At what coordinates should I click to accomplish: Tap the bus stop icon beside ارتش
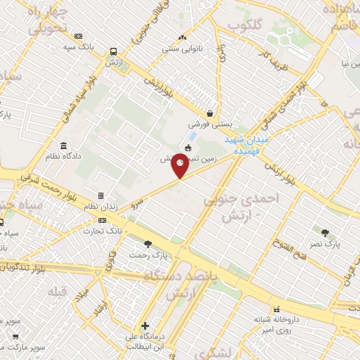(x=113, y=51)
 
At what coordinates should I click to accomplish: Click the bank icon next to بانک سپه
(x=77, y=36)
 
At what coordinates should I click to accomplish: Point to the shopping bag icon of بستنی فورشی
(x=210, y=113)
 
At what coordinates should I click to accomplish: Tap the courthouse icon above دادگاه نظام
(x=63, y=146)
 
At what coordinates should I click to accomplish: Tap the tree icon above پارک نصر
(x=325, y=233)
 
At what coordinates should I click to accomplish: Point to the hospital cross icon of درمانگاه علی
(x=145, y=326)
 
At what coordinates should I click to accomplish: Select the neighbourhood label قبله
(x=58, y=290)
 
